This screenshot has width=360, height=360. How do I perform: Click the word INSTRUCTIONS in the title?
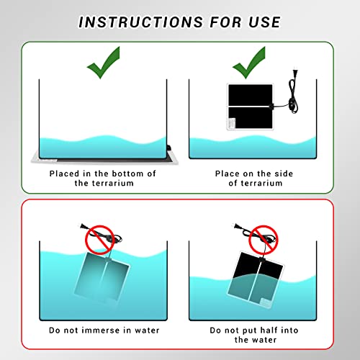pos(141,22)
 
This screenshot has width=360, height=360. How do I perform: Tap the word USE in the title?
pos(264,22)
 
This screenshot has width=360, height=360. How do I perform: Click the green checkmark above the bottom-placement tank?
pos(103,63)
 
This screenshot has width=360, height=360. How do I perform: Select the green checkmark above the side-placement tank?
pos(249,63)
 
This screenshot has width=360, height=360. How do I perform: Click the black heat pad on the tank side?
pos(251,107)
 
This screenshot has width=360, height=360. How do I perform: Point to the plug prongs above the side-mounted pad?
pos(295,73)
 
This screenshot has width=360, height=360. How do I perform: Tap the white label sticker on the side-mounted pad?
pos(232,123)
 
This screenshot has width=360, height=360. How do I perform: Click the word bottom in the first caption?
pos(127,174)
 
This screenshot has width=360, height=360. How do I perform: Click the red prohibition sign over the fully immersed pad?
pos(99,240)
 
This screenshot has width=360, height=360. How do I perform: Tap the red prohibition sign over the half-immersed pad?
pos(264,240)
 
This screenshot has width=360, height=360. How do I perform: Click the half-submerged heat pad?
pos(256,279)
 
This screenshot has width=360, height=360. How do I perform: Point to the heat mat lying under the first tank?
pos(104,159)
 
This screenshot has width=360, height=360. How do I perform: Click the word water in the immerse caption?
pos(147,330)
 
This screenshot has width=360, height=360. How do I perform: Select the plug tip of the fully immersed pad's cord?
pos(82,226)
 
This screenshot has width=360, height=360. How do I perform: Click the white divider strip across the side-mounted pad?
pos(250,107)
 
